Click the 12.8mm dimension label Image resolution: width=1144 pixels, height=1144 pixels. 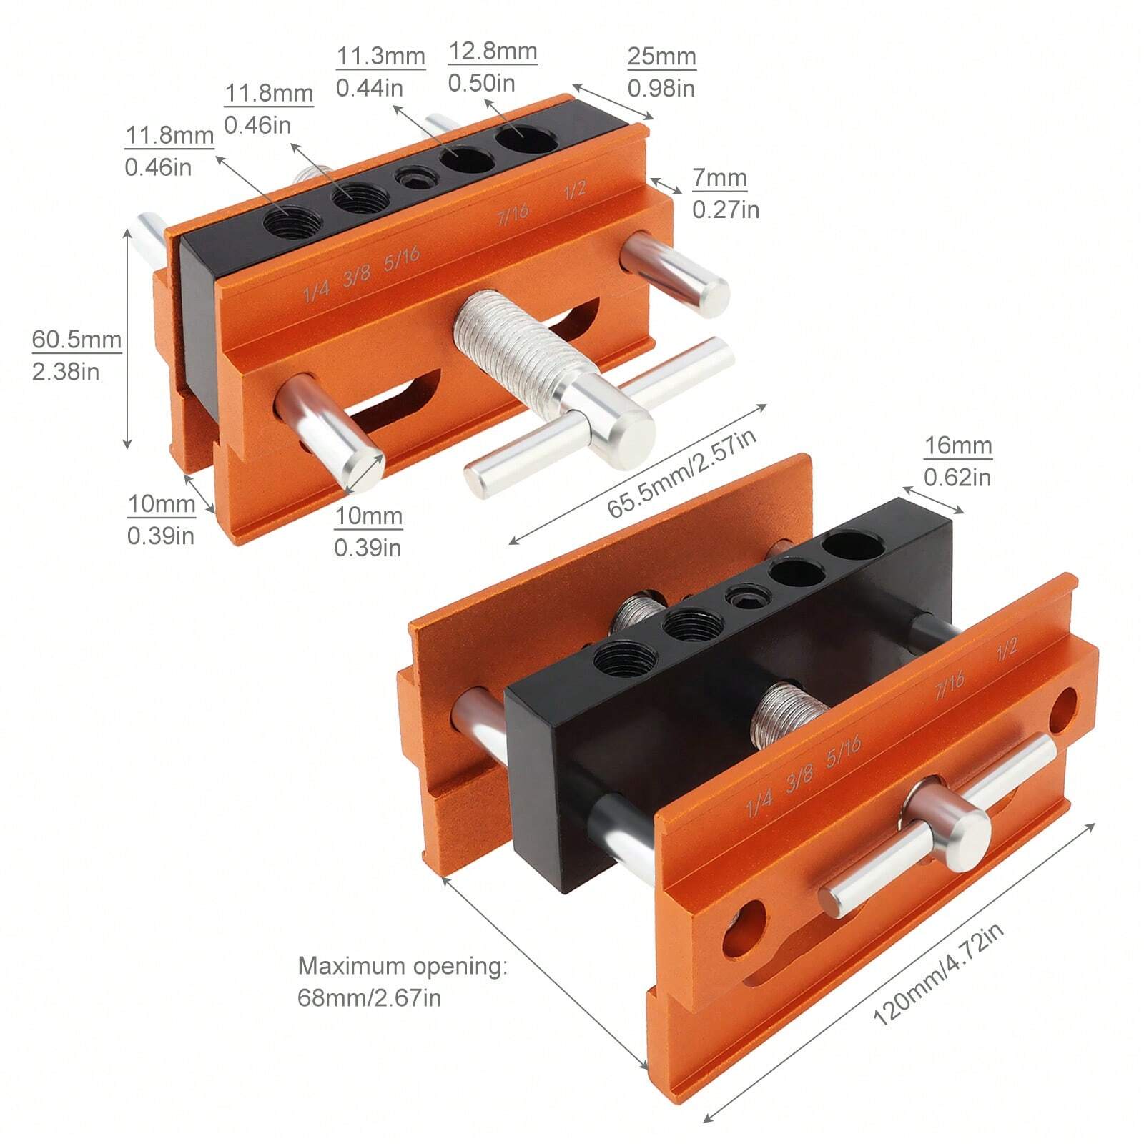click(493, 51)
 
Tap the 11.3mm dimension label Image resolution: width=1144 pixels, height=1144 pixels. click(380, 56)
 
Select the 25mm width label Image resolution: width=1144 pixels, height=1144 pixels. click(661, 56)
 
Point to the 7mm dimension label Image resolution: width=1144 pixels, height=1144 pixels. click(719, 178)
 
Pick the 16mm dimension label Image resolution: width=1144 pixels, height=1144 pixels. click(958, 446)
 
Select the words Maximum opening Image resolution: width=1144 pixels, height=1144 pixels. click(402, 966)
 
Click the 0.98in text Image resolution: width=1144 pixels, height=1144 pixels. click(661, 88)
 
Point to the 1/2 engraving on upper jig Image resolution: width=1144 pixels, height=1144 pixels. click(575, 189)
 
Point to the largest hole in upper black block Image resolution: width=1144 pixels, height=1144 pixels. click(527, 137)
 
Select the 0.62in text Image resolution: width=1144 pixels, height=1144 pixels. click(957, 477)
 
